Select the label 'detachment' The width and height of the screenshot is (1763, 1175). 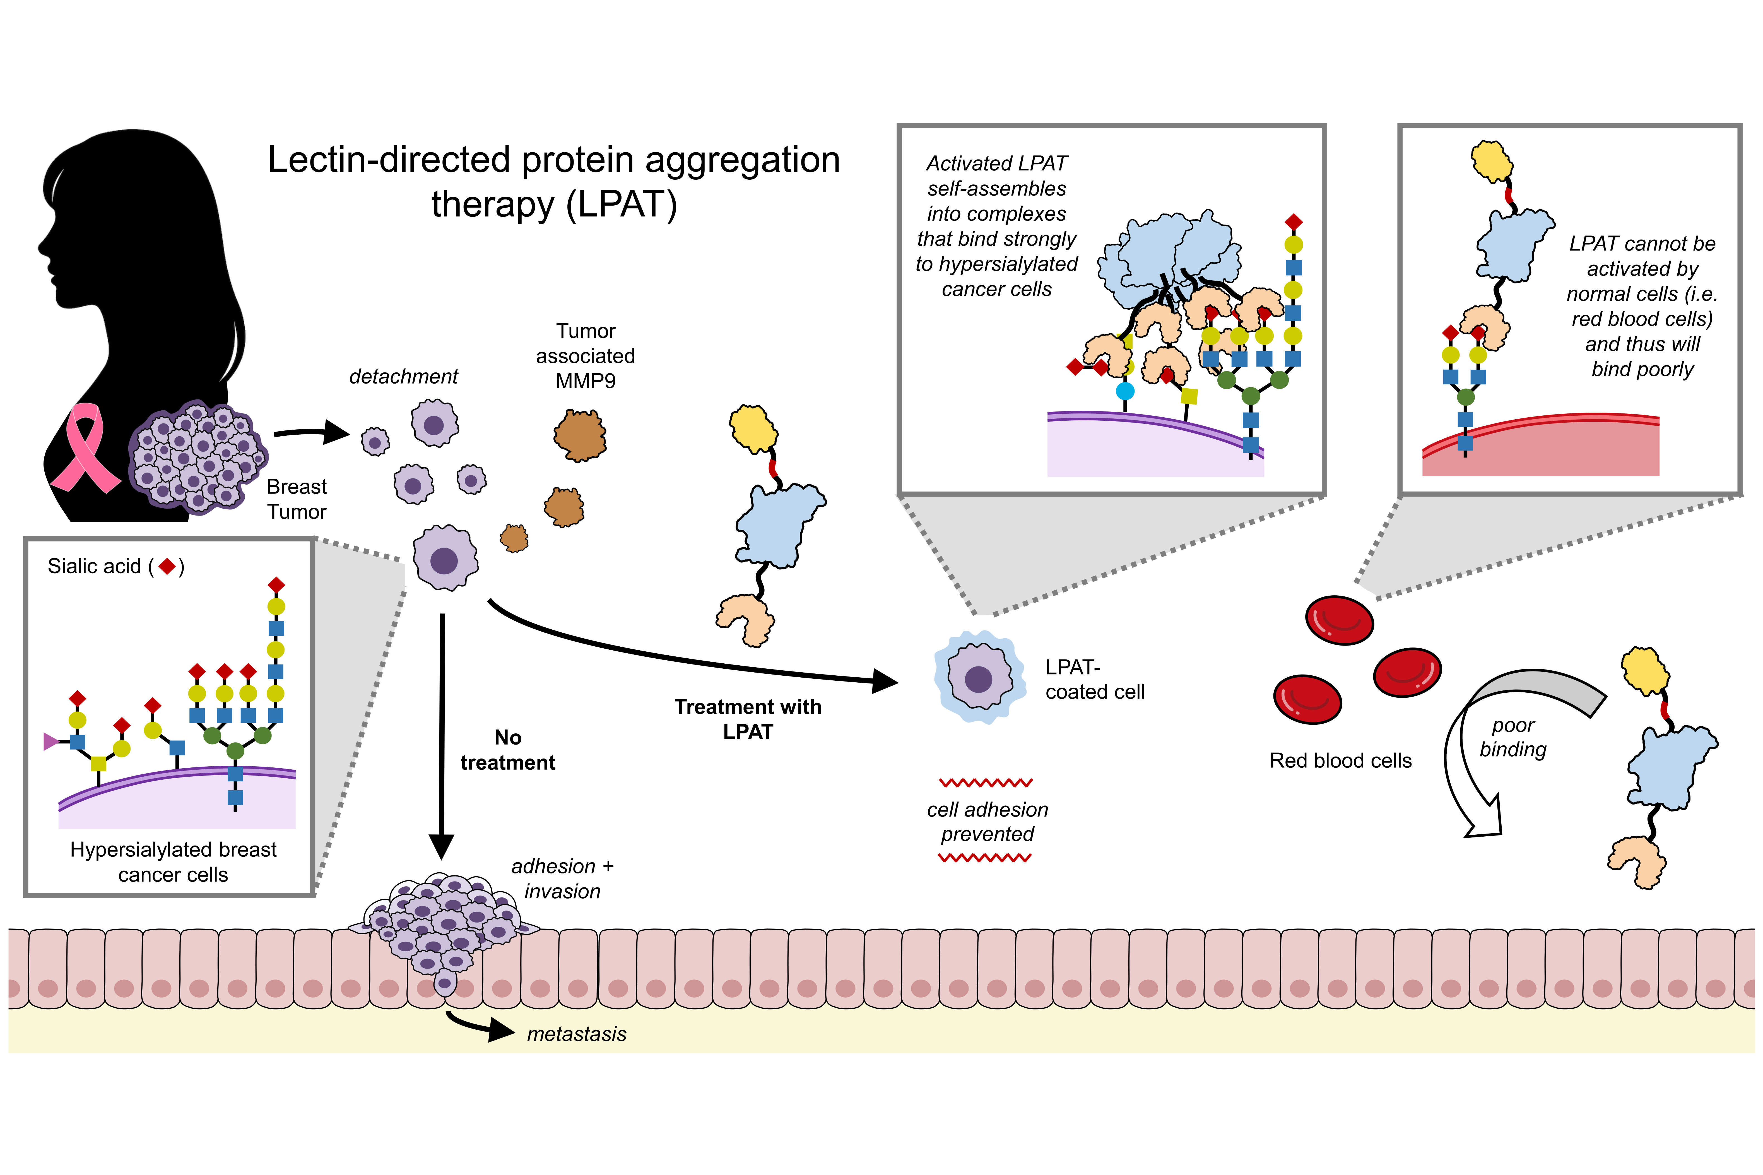(x=403, y=376)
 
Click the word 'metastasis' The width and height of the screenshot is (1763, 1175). (x=576, y=1034)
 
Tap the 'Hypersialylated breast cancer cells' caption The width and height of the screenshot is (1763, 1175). (x=173, y=862)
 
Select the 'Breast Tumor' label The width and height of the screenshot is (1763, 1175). (x=297, y=499)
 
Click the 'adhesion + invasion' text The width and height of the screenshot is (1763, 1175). (x=562, y=878)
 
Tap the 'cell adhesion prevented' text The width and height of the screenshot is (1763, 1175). (x=987, y=821)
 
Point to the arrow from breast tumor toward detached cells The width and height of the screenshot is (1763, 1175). (x=311, y=432)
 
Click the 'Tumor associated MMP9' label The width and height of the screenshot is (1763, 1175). (x=585, y=356)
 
